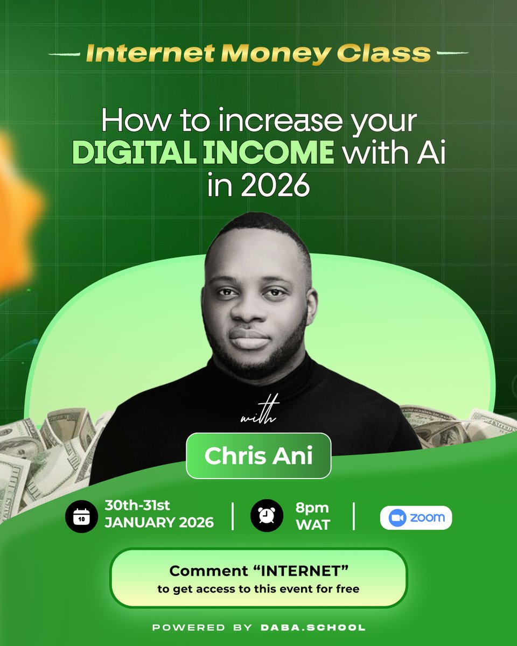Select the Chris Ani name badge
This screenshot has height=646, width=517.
click(x=258, y=455)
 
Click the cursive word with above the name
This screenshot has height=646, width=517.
click(x=258, y=417)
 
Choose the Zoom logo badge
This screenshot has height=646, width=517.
click(x=416, y=517)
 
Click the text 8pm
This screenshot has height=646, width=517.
click(x=312, y=508)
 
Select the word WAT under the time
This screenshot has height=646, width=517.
click(x=312, y=524)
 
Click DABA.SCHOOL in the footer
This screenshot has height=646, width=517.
click(x=312, y=627)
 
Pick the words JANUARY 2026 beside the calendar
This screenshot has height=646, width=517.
click(x=159, y=523)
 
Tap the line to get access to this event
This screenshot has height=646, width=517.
click(x=258, y=589)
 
